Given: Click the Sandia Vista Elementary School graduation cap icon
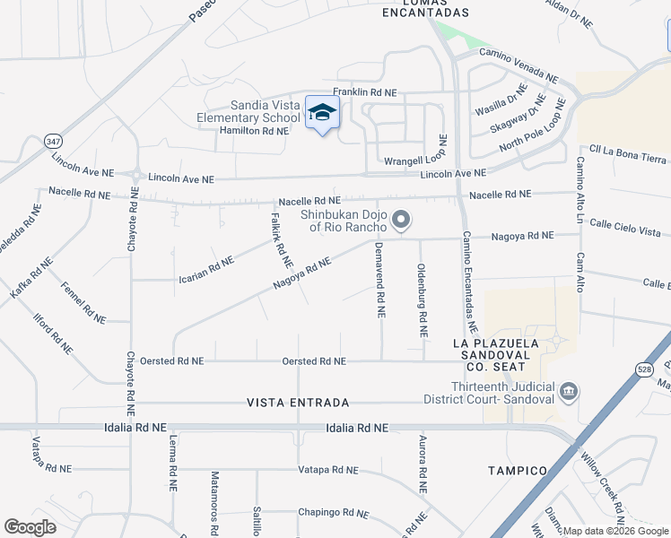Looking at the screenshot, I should (322, 113).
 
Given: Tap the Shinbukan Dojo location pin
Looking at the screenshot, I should (403, 219).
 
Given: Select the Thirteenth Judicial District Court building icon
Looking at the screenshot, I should (568, 392).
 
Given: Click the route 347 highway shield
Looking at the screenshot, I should (53, 141).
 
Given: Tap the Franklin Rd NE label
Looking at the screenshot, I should (364, 92).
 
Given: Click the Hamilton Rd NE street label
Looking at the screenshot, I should (254, 131).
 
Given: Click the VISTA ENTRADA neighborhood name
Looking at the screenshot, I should (298, 403).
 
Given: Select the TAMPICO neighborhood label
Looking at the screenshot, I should (518, 471).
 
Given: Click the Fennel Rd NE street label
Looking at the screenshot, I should (83, 303).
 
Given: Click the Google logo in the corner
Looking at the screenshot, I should (30, 527).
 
